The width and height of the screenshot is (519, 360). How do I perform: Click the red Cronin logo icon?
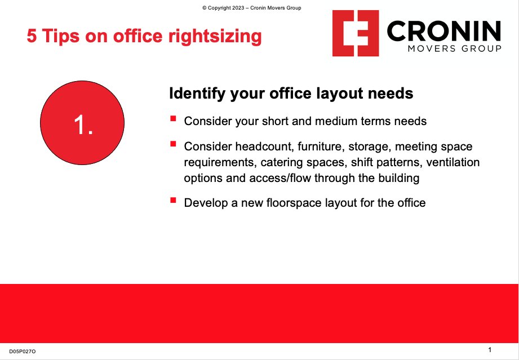(355, 33)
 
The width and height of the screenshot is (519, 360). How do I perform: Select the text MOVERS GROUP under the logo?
(454, 49)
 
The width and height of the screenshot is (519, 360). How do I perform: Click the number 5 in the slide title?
(32, 37)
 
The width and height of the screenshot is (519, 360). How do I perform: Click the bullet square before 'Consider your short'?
(172, 119)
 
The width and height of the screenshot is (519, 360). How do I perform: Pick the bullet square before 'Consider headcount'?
(172, 145)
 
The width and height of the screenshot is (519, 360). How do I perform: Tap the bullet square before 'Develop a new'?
(172, 200)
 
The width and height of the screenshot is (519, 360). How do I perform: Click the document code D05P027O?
(23, 352)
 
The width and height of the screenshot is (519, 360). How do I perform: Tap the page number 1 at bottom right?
(490, 350)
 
